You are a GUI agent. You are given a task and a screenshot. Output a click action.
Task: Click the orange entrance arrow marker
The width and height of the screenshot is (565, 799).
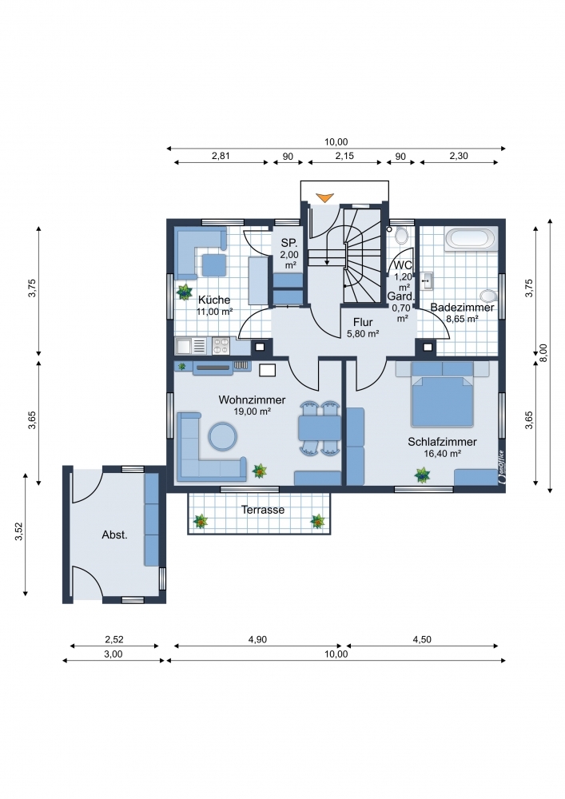pyautogui.click(x=324, y=198)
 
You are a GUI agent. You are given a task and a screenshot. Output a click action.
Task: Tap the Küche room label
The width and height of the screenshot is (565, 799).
pyautogui.click(x=214, y=300)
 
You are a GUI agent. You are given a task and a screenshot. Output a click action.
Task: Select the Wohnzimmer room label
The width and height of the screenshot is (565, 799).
pyautogui.click(x=253, y=400)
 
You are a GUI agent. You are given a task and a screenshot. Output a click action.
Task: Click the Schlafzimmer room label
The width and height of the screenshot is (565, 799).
pyautogui.click(x=442, y=442)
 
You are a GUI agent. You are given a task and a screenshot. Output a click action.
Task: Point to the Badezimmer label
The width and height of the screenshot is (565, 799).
pyautogui.click(x=462, y=308)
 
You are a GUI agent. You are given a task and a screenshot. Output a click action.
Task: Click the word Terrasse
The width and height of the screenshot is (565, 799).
pyautogui.click(x=263, y=510)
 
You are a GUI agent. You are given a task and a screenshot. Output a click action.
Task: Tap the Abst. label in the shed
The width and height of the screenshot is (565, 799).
pyautogui.click(x=114, y=535)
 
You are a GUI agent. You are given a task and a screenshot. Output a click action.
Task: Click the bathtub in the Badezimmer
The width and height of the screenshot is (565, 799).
pyautogui.click(x=470, y=239)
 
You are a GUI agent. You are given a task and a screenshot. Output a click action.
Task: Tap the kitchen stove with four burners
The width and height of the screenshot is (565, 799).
pyautogui.click(x=221, y=346)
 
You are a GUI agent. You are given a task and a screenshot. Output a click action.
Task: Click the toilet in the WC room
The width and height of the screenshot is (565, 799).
pyautogui.click(x=401, y=236)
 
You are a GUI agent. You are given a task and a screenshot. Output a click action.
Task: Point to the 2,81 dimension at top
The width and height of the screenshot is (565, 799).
pyautogui.click(x=221, y=156)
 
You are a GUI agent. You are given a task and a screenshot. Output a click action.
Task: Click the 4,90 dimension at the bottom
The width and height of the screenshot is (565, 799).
pyautogui.click(x=257, y=639)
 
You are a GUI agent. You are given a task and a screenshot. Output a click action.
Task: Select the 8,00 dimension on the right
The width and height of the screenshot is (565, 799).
pyautogui.click(x=543, y=354)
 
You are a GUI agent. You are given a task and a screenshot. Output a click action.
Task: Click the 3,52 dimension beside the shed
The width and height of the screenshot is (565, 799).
pyautogui.click(x=19, y=532)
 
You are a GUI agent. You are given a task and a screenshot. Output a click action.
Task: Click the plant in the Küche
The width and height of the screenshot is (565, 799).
pyautogui.click(x=184, y=292)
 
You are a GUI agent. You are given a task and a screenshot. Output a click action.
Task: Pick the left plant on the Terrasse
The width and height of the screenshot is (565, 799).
pyautogui.click(x=201, y=521)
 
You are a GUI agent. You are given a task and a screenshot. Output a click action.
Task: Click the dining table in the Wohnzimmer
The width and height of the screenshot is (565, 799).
pyautogui.click(x=320, y=428)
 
